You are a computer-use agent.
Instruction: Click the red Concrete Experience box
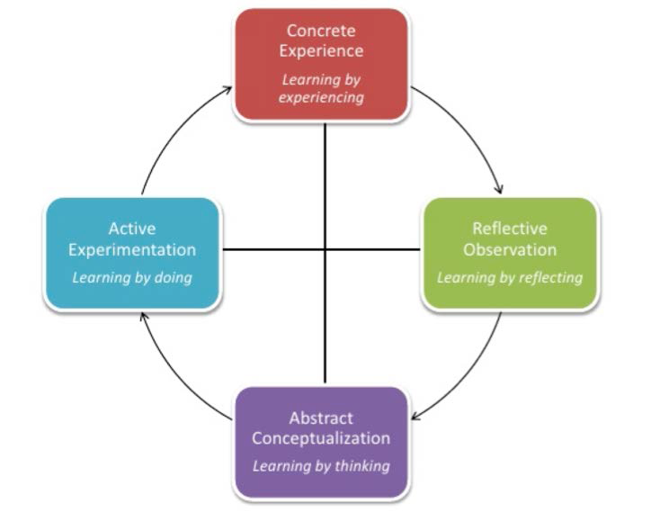coord(321,63)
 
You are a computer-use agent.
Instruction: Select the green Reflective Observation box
coord(509,253)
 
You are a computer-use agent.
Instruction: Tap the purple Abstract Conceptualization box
coord(321,442)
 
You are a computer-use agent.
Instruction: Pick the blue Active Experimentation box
coord(131,253)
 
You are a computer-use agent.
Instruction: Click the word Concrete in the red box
coord(321,32)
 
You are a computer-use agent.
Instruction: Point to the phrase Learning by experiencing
coord(321,88)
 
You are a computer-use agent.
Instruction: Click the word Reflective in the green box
coord(509,229)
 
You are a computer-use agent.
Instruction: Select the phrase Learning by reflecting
coord(509,277)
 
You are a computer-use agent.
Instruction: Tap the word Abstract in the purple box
coord(321,418)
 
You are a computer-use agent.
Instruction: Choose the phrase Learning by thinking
coord(321,466)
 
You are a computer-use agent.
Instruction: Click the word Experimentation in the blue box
coord(132,249)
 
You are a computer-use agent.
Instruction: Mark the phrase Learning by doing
coord(132,277)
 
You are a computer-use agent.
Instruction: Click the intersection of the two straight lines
coord(325,249)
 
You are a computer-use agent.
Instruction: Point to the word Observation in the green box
coord(509,249)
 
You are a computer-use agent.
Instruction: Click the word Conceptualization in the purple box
coord(321,439)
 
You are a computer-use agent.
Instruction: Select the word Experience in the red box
coord(321,51)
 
